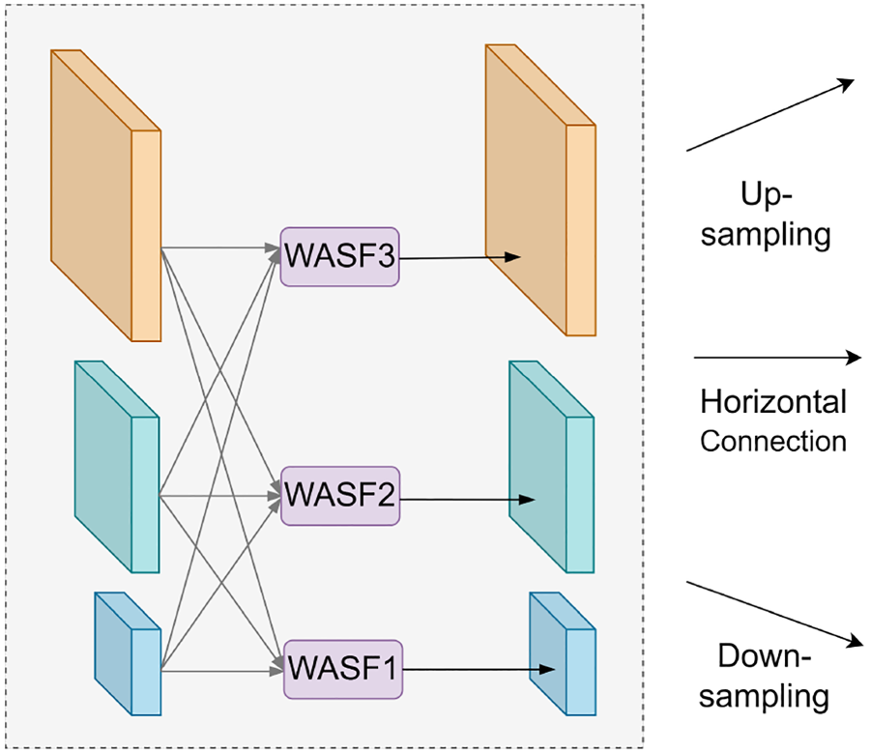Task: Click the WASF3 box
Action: pyautogui.click(x=339, y=256)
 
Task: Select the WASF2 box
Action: pyautogui.click(x=340, y=496)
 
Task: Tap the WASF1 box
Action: pyautogui.click(x=343, y=669)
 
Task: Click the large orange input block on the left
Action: pyautogui.click(x=106, y=195)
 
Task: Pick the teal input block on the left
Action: pyautogui.click(x=117, y=467)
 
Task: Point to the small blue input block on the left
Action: pyautogui.click(x=128, y=653)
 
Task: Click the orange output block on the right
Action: pyautogui.click(x=540, y=189)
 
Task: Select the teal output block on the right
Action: pyautogui.click(x=552, y=467)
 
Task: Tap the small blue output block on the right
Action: pyautogui.click(x=563, y=653)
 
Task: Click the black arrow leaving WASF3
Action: pyautogui.click(x=460, y=258)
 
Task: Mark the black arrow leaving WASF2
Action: pyautogui.click(x=467, y=500)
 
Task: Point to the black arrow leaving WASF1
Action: pyautogui.click(x=479, y=670)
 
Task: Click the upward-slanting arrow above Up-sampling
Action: pyautogui.click(x=770, y=114)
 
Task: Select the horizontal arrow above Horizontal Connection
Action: pyautogui.click(x=777, y=358)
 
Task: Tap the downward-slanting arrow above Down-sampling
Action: pyautogui.click(x=775, y=614)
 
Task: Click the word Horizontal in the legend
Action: pyautogui.click(x=773, y=401)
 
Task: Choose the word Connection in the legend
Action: pyautogui.click(x=773, y=442)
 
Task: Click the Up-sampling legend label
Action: pyautogui.click(x=766, y=215)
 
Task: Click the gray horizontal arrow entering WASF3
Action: pyautogui.click(x=220, y=248)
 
